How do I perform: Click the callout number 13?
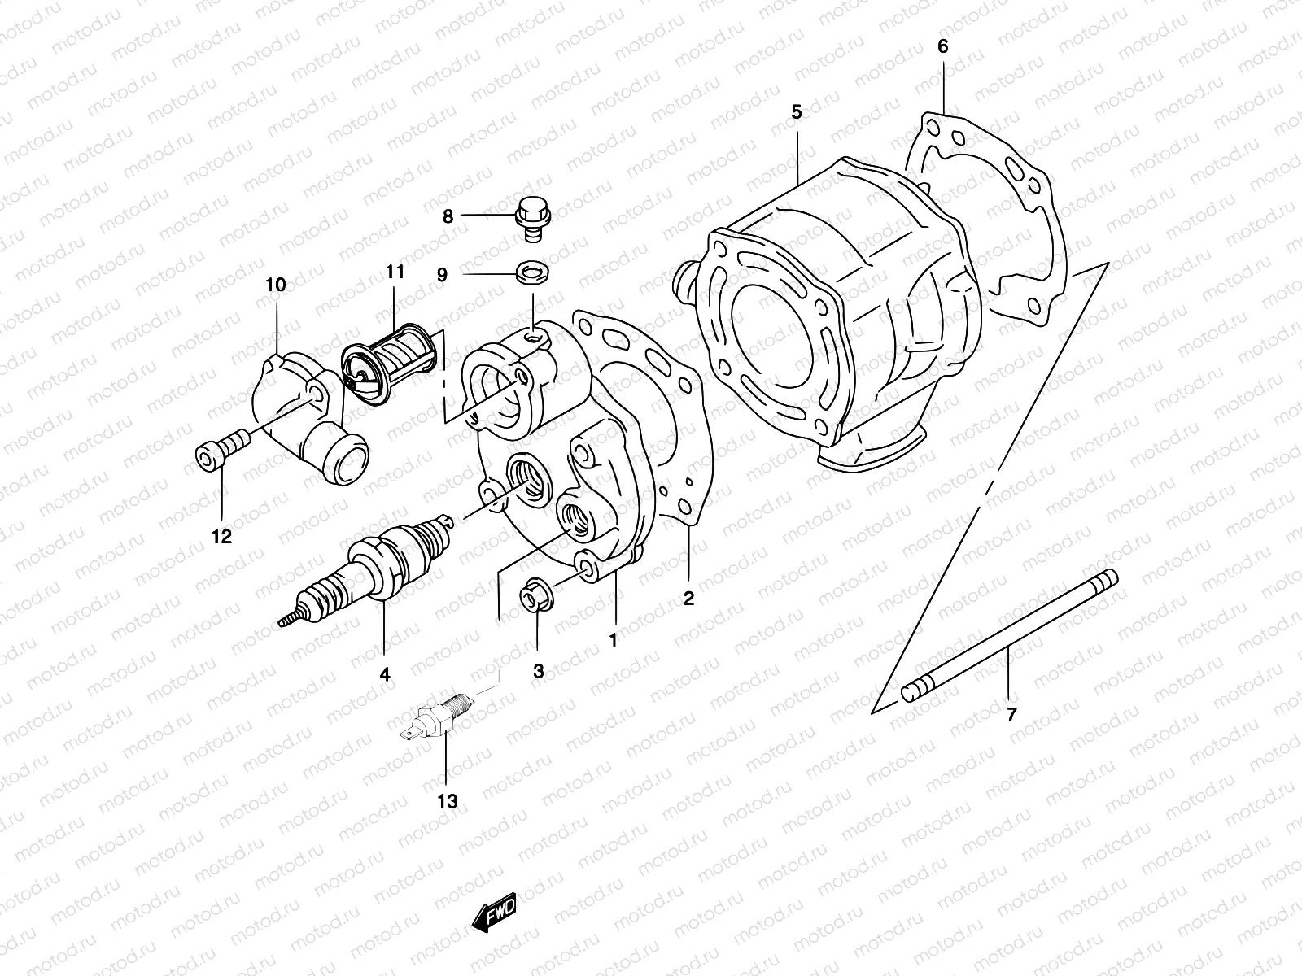pyautogui.click(x=447, y=801)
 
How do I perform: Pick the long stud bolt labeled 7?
pyautogui.click(x=1009, y=634)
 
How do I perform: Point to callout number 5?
pyautogui.click(x=796, y=113)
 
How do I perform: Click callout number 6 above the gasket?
pyautogui.click(x=942, y=47)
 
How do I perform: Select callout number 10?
pyautogui.click(x=275, y=285)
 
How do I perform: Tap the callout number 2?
pyautogui.click(x=688, y=599)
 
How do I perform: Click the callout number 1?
pyautogui.click(x=614, y=640)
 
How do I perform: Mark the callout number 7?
pyautogui.click(x=1011, y=715)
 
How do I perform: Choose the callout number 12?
pyautogui.click(x=221, y=537)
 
